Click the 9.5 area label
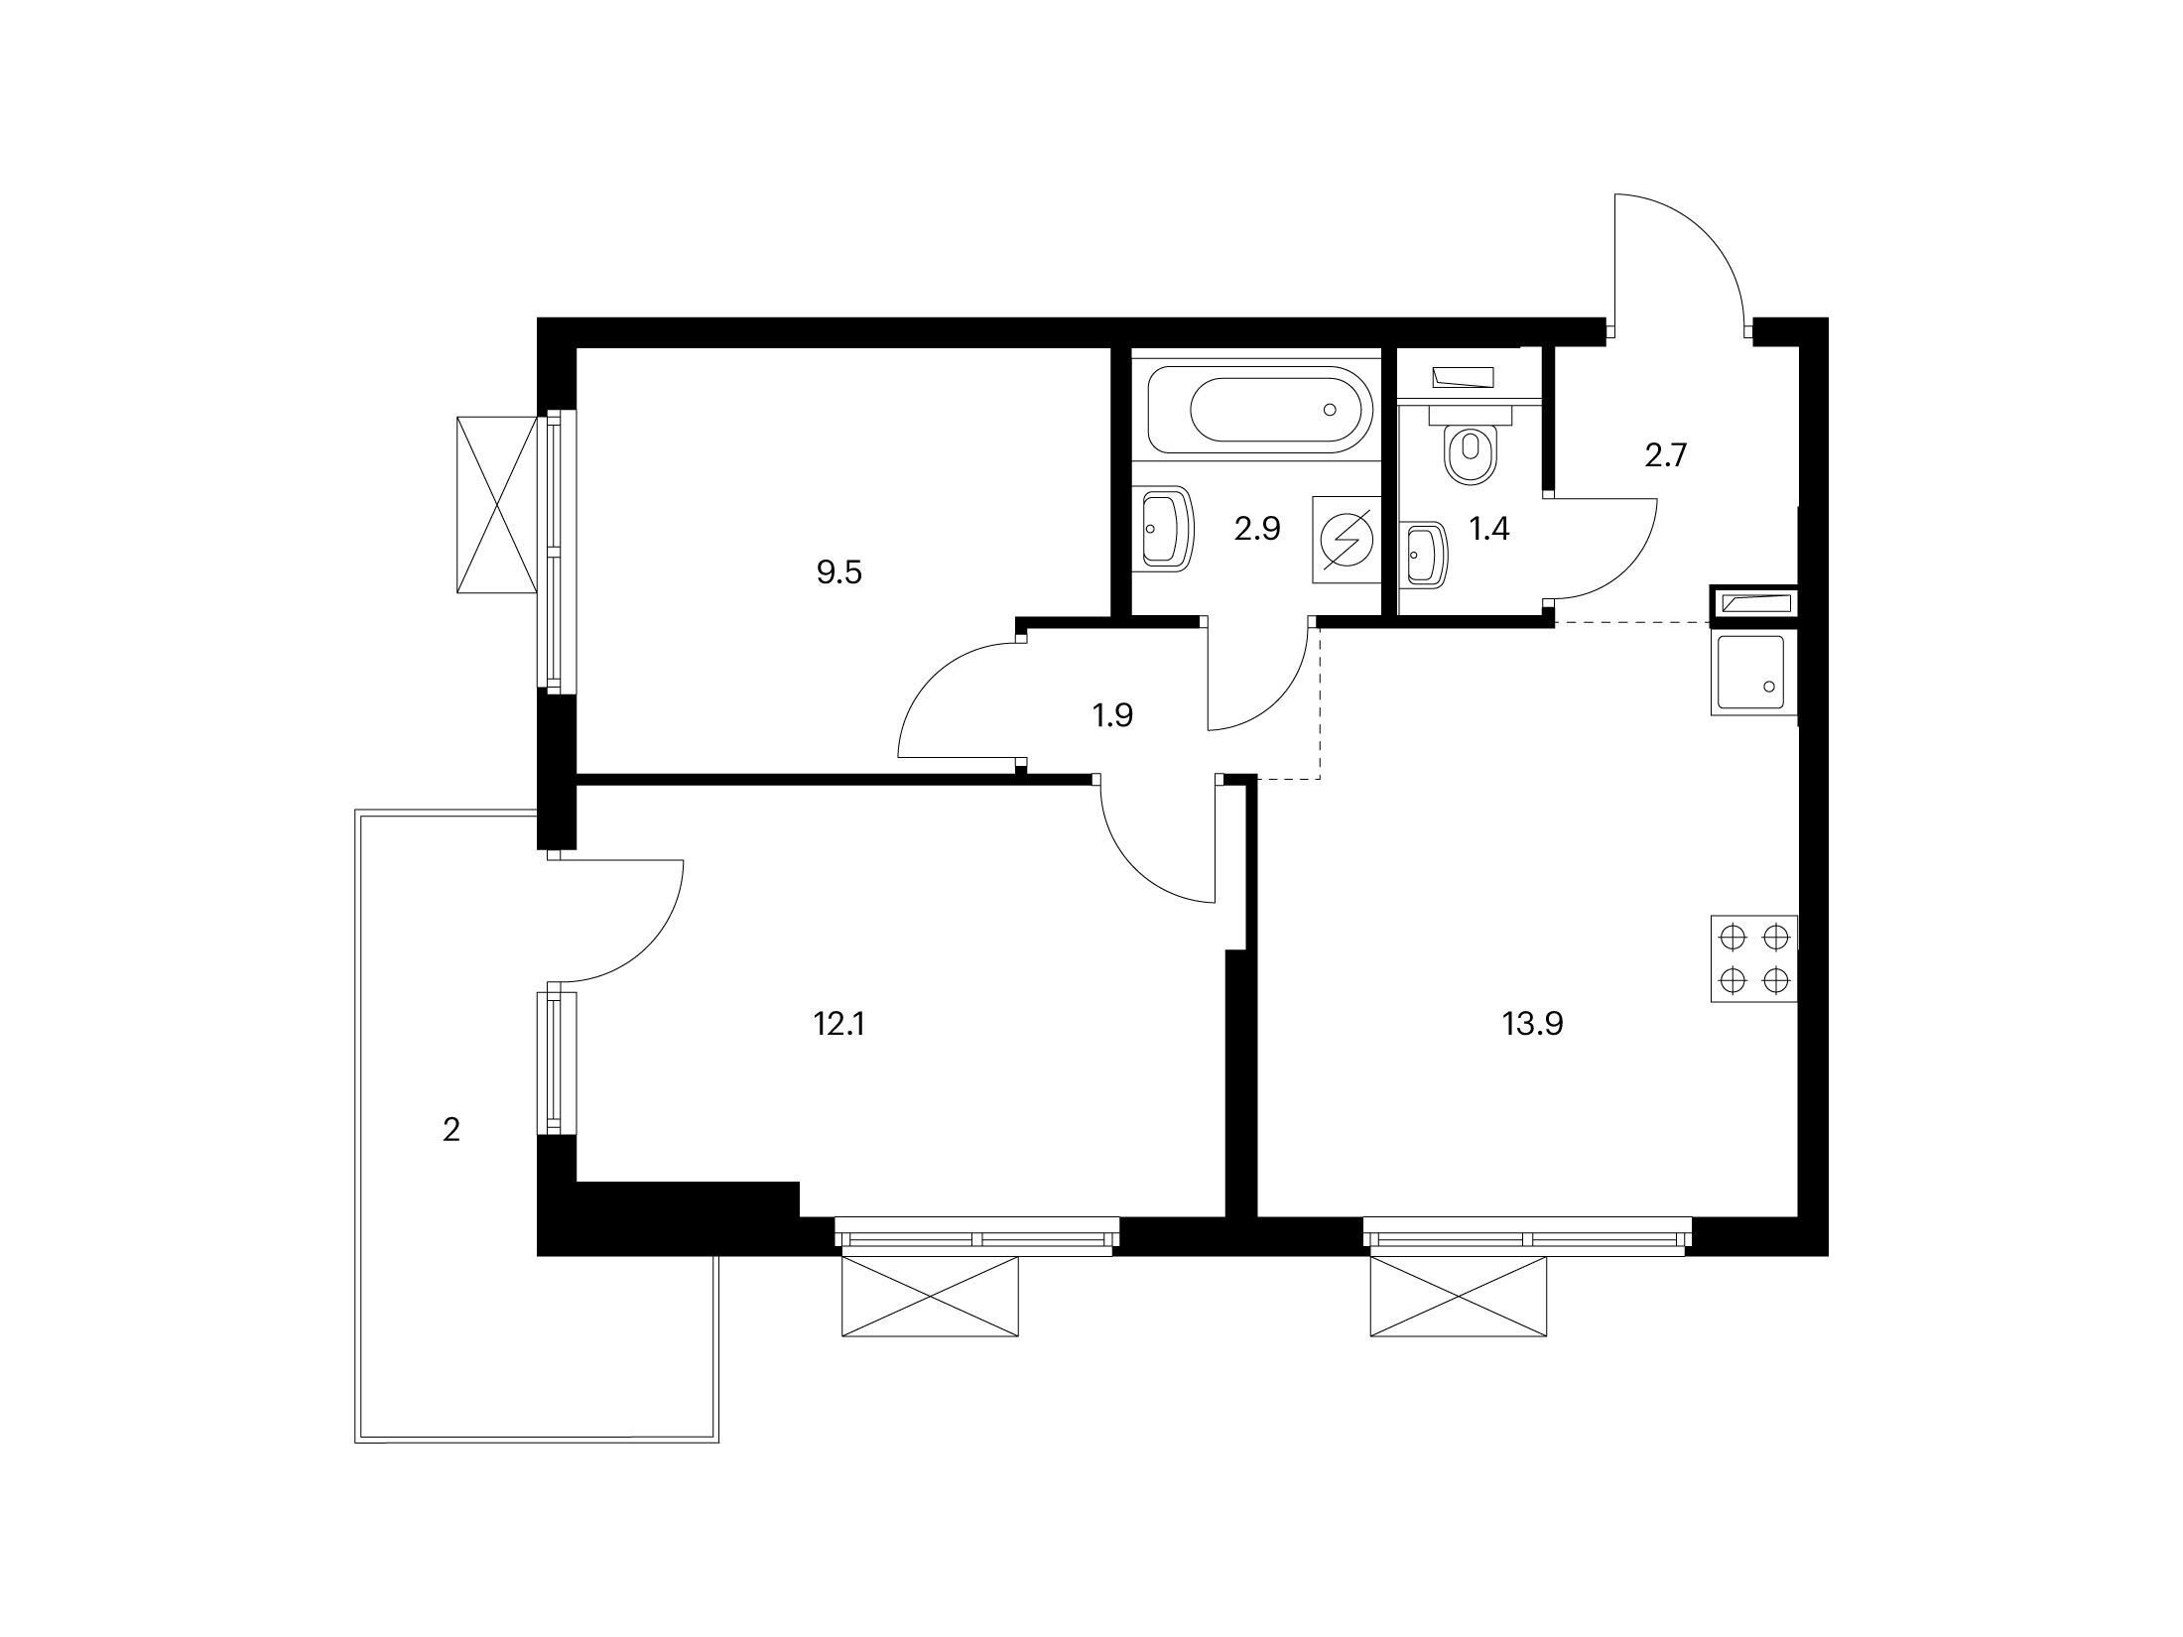(839, 572)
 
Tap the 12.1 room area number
(839, 1024)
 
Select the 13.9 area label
(1533, 1024)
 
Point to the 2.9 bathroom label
(1257, 529)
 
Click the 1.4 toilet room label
(1489, 529)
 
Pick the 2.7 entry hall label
(1666, 455)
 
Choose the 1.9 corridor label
(1112, 715)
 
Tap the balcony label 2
(451, 1130)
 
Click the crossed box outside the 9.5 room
(496, 505)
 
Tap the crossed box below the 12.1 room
(930, 1297)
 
